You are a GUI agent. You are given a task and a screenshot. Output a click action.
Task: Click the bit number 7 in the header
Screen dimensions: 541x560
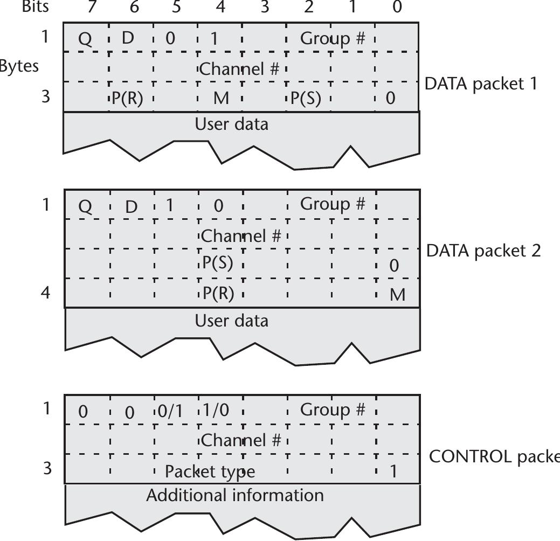[x=91, y=7]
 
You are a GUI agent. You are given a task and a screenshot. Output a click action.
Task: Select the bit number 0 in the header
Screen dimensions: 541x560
[x=397, y=7]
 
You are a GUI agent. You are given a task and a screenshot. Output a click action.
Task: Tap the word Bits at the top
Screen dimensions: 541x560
[x=35, y=6]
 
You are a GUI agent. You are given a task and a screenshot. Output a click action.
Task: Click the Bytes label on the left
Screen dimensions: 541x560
[x=19, y=66]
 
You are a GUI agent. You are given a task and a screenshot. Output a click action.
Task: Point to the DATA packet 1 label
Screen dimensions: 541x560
[x=481, y=84]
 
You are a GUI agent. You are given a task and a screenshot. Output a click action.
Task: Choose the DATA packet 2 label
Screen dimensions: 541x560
[x=483, y=251]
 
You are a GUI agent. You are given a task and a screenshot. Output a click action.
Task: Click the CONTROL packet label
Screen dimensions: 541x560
[x=494, y=456]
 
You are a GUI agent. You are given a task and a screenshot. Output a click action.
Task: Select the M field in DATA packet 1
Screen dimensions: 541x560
[x=221, y=99]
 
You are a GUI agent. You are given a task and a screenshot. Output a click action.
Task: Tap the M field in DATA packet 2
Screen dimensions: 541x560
[x=397, y=295]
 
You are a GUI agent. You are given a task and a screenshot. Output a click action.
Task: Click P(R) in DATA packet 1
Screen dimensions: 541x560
[x=127, y=99]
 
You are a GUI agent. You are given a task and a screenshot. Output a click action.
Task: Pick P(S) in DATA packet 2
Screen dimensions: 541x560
[x=218, y=263]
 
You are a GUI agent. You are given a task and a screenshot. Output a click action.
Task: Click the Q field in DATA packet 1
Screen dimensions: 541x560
[x=85, y=40]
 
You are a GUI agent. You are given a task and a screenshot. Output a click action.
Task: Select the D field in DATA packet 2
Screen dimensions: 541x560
[x=131, y=206]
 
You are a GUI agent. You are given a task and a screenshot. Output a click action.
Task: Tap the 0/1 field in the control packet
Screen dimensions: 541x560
[x=170, y=411]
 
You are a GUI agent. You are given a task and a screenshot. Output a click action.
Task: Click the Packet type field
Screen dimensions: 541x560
[x=210, y=471]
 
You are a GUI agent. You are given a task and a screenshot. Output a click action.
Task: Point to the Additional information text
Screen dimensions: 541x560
[x=235, y=495]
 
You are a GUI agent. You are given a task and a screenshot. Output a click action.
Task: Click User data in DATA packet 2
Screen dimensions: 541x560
[x=231, y=321]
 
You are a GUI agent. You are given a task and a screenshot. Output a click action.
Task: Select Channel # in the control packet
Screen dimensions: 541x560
[x=241, y=441]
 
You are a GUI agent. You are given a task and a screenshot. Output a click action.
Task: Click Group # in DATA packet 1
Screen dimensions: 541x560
[x=333, y=39]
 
